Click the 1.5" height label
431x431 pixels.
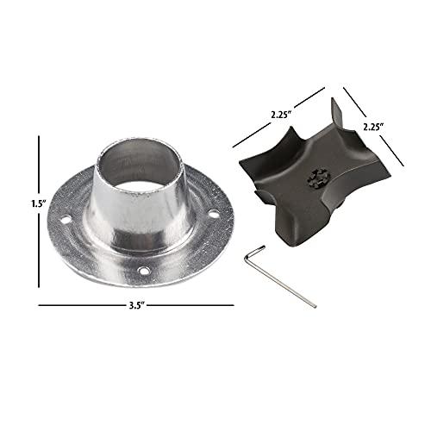(39, 203)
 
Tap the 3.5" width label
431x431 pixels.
(136, 305)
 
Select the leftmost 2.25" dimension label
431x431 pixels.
(281, 115)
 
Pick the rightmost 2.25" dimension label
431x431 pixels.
(374, 127)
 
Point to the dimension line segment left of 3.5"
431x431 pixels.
(83, 305)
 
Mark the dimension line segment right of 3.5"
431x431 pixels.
(191, 305)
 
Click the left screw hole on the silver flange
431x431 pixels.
(66, 220)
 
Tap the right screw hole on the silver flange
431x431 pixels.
(213, 214)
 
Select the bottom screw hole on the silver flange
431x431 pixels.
(143, 271)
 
